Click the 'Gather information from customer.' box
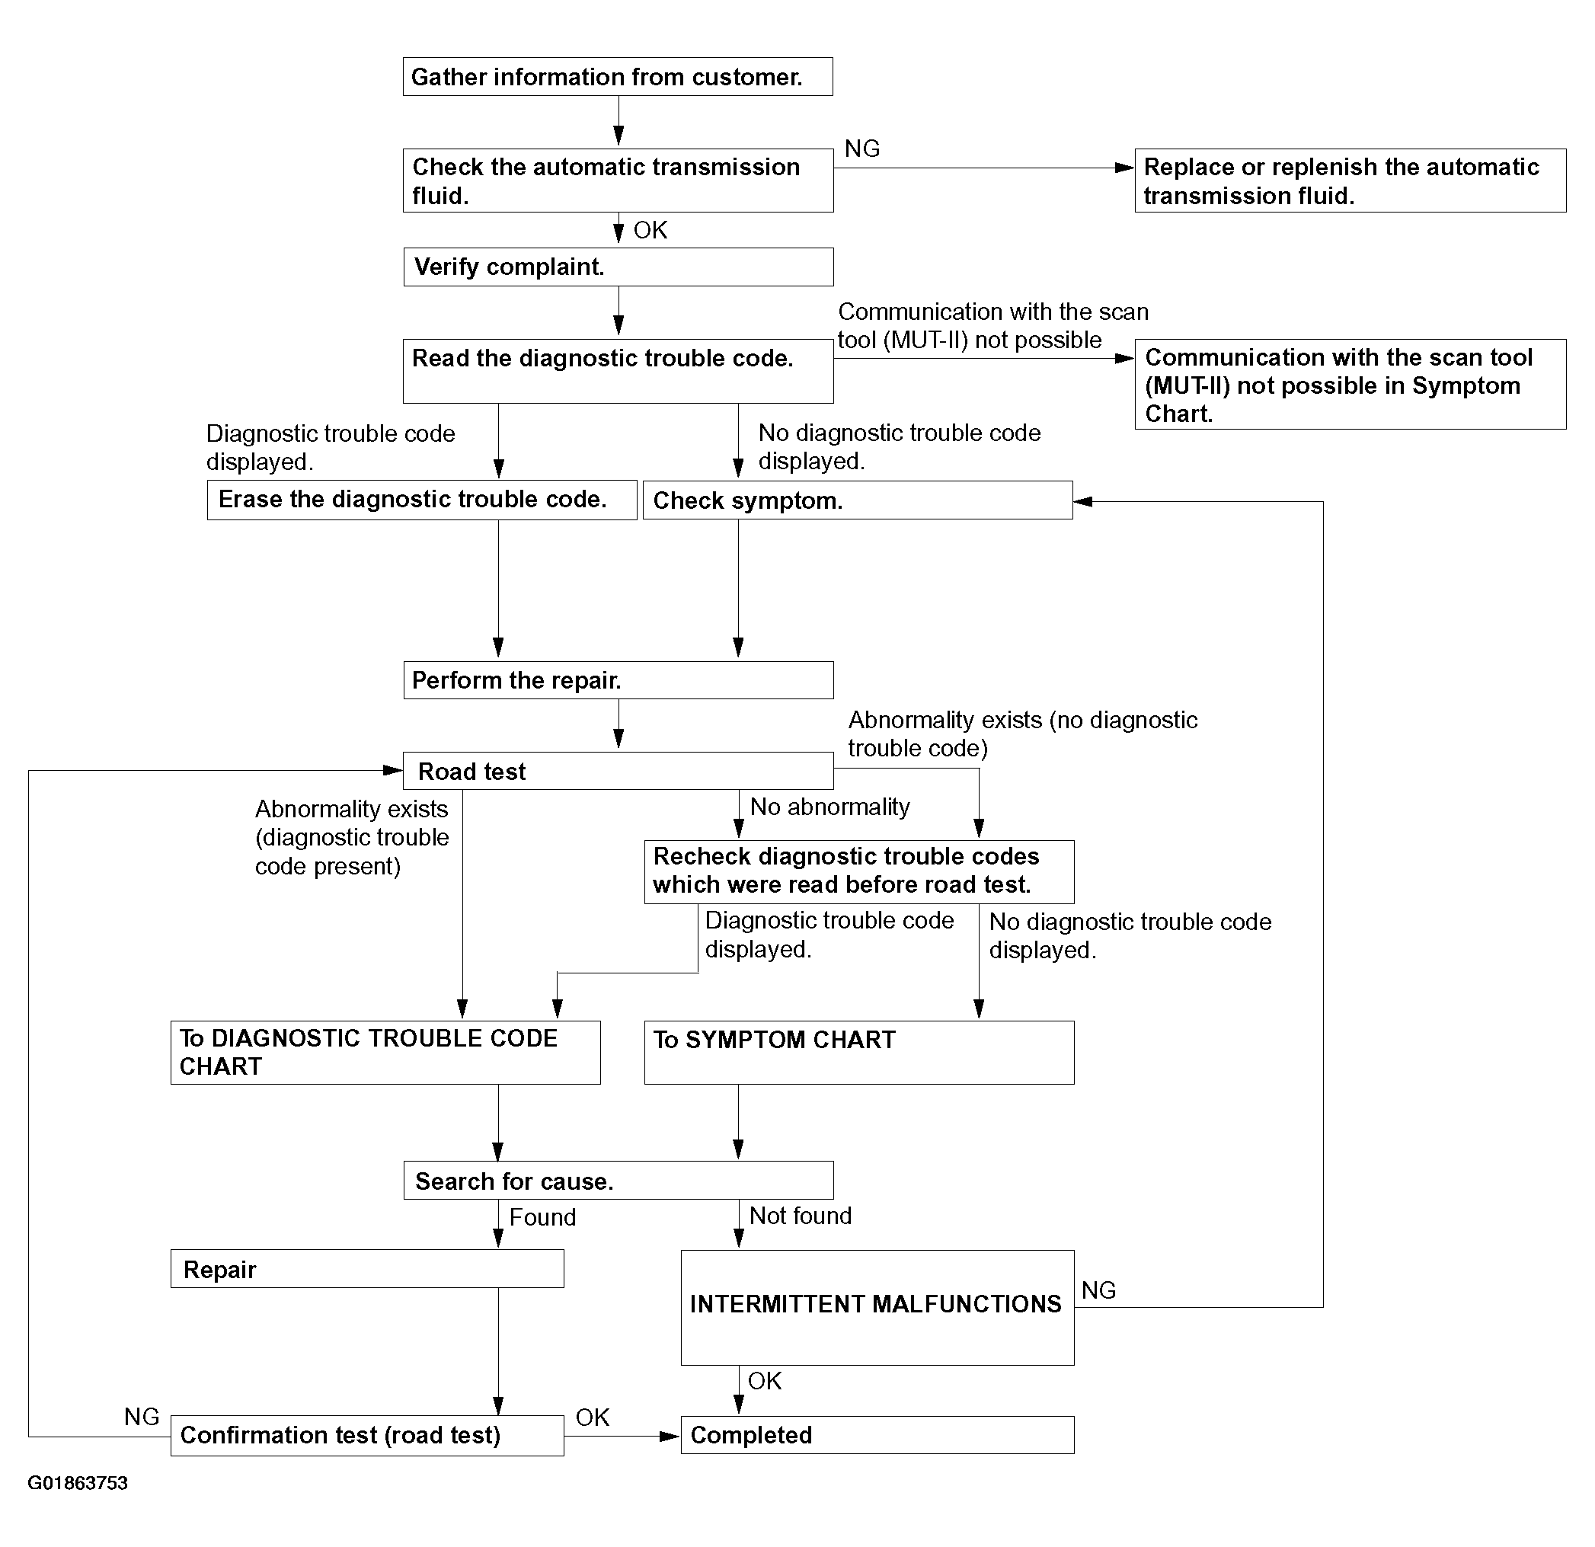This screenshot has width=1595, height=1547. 618,76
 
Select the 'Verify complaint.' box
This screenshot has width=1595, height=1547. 619,267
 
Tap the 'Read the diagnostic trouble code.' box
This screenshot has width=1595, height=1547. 619,371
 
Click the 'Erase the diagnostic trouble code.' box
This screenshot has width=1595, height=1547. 421,500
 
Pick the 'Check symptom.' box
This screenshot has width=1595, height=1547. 858,500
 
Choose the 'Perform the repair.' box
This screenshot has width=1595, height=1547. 619,679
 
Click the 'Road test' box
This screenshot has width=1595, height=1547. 619,771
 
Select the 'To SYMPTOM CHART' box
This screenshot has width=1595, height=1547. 859,1052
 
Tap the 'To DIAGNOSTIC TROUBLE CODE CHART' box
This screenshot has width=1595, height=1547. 385,1052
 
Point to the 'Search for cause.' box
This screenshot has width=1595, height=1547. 619,1180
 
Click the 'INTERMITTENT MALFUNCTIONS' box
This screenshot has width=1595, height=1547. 877,1308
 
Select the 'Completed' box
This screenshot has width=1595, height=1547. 877,1435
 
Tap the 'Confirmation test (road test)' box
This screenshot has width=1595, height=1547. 367,1436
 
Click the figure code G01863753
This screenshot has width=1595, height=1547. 78,1483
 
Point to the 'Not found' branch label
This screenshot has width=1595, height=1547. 801,1216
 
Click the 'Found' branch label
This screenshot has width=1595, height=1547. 543,1217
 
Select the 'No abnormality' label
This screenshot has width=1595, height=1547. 830,807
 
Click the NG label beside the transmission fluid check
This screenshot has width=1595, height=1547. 862,148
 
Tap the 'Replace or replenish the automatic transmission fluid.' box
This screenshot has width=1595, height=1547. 1350,181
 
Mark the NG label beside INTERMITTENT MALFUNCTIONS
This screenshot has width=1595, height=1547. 1098,1290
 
